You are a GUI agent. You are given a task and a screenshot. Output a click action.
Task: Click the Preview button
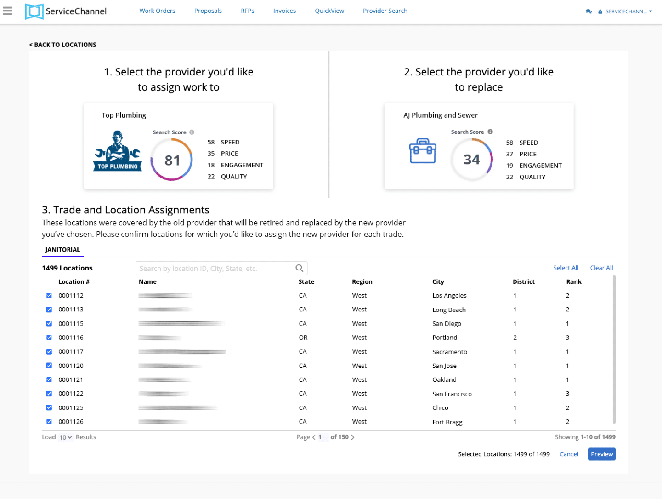[x=601, y=454]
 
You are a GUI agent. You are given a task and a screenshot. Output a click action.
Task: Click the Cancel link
[x=569, y=454]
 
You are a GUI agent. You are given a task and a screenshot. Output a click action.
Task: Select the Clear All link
[x=601, y=268]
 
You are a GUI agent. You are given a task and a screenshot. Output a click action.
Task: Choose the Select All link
[x=566, y=268]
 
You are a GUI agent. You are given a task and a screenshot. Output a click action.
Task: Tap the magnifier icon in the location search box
[x=300, y=268]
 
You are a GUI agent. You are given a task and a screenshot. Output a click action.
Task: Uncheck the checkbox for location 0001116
[x=49, y=338]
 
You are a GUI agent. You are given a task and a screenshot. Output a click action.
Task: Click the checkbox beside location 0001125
[x=49, y=408]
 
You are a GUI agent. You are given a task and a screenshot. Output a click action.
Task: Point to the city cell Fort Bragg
[x=447, y=422]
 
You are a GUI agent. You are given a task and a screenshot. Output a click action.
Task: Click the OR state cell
[x=303, y=338]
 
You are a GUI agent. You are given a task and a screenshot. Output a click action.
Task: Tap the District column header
[x=524, y=282]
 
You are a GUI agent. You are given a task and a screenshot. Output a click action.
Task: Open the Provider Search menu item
[x=385, y=11]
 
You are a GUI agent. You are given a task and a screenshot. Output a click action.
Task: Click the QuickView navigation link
[x=329, y=11]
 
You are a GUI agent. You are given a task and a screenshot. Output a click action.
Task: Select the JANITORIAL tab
[x=63, y=250]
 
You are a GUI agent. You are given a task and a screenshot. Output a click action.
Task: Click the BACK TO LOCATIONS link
[x=63, y=45]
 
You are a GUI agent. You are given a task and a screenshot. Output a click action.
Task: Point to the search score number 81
[x=172, y=161]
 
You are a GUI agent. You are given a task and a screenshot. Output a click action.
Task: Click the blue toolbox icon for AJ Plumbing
[x=423, y=151]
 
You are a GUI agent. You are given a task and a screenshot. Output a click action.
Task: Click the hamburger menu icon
[x=8, y=11]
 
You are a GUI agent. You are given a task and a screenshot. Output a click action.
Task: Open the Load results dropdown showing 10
[x=66, y=437]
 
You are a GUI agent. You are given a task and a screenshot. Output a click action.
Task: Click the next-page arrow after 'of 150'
[x=353, y=437]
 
